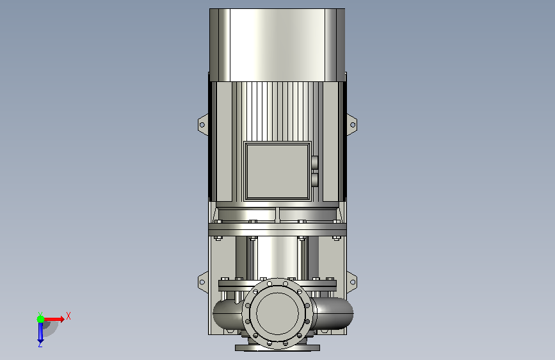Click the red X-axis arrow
point(53,319)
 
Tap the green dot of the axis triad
point(40,319)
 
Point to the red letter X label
point(68,316)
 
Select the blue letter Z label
point(40,345)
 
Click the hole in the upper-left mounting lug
point(202,125)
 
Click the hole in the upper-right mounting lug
point(353,125)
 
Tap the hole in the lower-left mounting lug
point(202,282)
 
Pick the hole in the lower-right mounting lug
point(353,282)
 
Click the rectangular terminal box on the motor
point(278,171)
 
